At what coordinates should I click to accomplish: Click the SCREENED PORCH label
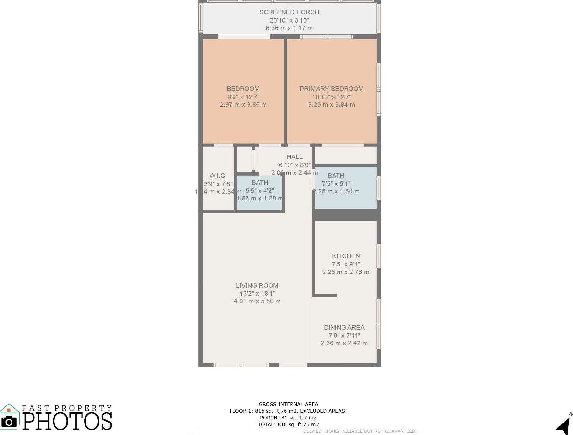pos(289,12)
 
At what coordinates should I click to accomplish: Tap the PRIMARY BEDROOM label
pos(332,89)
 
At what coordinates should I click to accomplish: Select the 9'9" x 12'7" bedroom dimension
pos(243,97)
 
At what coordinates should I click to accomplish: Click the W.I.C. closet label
pos(218,176)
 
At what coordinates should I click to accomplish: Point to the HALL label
pos(294,157)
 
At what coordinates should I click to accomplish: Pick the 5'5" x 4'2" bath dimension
pos(260,191)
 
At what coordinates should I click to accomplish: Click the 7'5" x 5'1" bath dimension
pos(336,184)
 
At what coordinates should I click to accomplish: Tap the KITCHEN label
pos(346,256)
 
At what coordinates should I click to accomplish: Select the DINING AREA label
pos(344,328)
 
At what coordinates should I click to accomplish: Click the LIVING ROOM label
pos(257,286)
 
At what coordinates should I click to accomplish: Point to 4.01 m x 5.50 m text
pos(257,301)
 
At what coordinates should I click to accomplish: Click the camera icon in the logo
pos(9,422)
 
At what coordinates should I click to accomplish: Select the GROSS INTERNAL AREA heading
pos(288,404)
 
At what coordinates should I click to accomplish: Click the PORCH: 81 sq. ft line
pos(288,418)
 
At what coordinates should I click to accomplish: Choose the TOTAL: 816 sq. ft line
pos(288,424)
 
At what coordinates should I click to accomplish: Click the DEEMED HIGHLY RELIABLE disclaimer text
pos(359,431)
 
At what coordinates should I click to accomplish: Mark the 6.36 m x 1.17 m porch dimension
pos(289,28)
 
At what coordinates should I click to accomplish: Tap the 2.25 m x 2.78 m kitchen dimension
pos(346,272)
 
